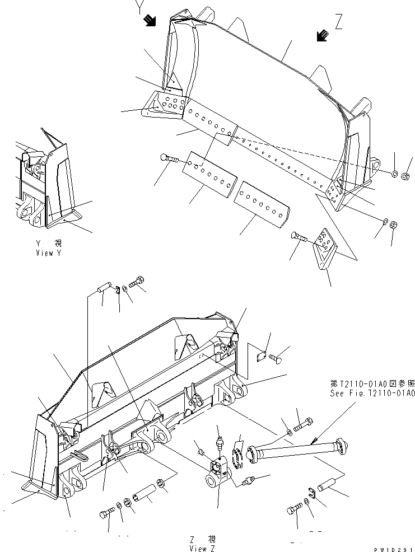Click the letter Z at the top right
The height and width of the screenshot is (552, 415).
(338, 22)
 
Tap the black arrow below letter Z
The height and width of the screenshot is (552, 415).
(322, 36)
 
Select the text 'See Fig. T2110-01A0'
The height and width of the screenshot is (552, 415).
(371, 393)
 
